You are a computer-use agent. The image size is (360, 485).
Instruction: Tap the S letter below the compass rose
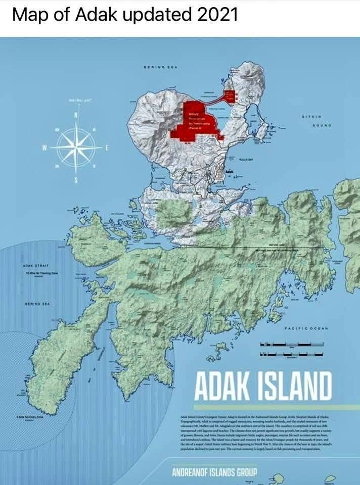tap(76, 181)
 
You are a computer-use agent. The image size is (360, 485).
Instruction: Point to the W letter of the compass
tap(44, 148)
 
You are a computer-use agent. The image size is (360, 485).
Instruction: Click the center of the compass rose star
tap(76, 147)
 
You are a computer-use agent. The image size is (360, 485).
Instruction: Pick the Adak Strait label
tap(35, 264)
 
